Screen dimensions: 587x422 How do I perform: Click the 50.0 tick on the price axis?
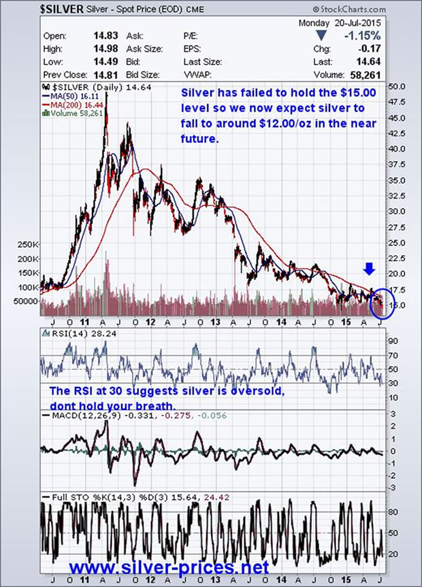coord(397,87)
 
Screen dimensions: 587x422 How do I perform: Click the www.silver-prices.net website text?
coord(169,565)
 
